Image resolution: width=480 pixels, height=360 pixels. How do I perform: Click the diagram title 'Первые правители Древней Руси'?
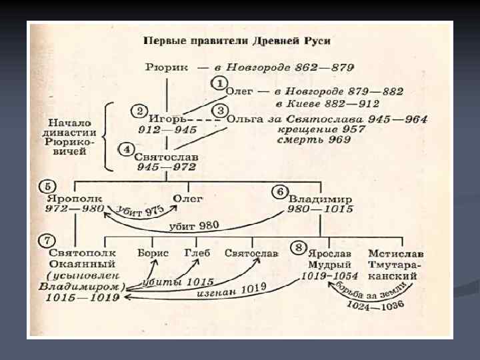pos(237,41)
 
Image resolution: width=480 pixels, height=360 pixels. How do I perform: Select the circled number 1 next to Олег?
pos(219,83)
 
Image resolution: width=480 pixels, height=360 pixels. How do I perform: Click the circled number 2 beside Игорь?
pos(139,111)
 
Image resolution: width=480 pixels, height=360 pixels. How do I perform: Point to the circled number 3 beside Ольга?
pos(219,111)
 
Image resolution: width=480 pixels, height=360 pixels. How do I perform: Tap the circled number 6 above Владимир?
pos(281,191)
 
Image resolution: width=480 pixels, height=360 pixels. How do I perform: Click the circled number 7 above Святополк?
pos(47,240)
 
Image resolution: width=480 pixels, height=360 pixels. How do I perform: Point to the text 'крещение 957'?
pos(313,130)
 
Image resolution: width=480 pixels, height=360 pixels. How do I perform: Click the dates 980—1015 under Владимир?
pos(320,210)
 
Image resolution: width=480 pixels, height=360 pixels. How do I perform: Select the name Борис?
pos(153,253)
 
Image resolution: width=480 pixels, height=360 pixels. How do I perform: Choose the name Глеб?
pos(197,253)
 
